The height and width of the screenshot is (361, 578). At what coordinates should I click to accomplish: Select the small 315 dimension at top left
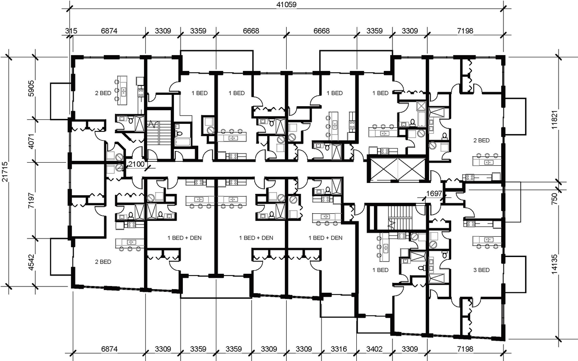click(x=70, y=31)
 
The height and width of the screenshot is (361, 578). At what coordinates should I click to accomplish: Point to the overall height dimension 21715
click(x=5, y=172)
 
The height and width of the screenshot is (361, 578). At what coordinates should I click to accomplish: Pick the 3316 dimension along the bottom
click(x=339, y=349)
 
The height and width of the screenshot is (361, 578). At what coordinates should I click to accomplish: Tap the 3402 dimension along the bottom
click(x=374, y=349)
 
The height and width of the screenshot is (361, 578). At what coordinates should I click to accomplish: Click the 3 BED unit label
click(x=481, y=270)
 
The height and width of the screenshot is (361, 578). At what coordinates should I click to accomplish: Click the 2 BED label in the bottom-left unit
click(x=103, y=262)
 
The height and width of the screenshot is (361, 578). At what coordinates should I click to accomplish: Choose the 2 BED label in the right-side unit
click(x=481, y=141)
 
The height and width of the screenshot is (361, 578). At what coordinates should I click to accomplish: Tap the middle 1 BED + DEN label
click(x=256, y=238)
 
